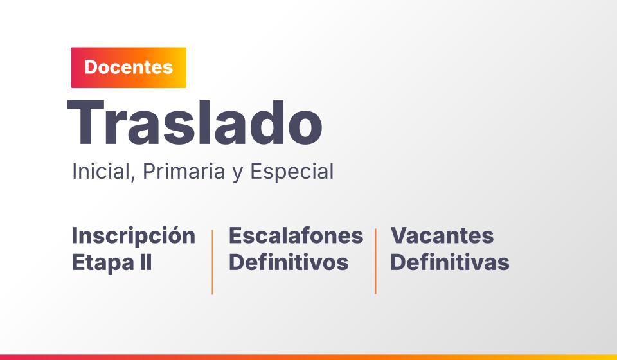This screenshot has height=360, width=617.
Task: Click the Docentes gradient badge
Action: (129, 67)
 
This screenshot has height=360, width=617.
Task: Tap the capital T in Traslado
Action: (85, 123)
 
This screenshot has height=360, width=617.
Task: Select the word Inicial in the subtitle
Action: (101, 172)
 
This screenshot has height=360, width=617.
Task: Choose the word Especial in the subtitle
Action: (292, 172)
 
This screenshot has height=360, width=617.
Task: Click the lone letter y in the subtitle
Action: (238, 175)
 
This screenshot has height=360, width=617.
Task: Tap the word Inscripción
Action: (134, 236)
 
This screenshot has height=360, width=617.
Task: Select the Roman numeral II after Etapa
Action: (146, 262)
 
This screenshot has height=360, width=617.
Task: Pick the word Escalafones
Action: (296, 235)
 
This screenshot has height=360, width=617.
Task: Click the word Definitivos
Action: (289, 262)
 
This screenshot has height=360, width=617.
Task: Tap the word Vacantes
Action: (442, 235)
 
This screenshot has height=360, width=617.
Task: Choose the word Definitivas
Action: (450, 262)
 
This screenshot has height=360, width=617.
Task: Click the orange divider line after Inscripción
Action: (213, 262)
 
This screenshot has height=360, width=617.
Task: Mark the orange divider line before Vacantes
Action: (376, 261)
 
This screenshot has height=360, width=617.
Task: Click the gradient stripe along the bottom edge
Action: (308, 357)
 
